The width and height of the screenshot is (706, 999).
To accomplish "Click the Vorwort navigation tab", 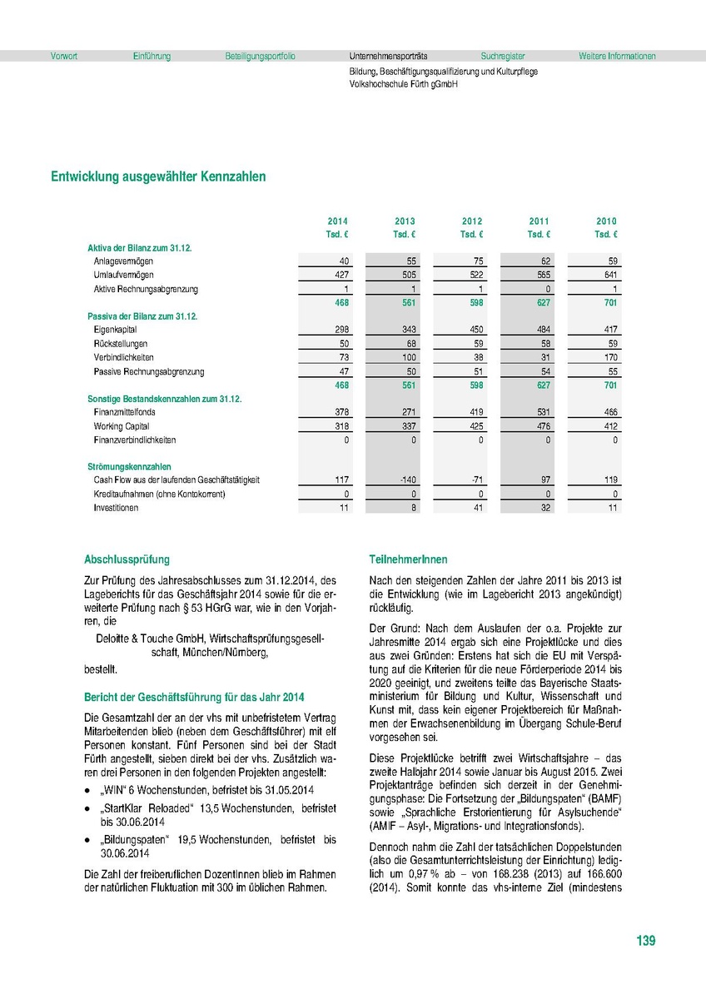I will [64, 57].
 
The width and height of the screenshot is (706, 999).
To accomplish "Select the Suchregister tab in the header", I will [503, 57].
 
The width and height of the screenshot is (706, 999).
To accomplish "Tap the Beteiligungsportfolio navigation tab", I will [260, 57].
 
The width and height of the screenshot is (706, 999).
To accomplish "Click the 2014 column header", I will [337, 221].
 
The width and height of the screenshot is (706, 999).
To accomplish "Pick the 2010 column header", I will [606, 221].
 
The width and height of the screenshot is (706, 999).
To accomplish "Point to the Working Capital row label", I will [120, 426].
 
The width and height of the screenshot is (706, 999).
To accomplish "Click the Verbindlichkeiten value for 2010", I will [610, 357].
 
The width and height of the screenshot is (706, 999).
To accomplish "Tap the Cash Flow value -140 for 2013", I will [407, 480].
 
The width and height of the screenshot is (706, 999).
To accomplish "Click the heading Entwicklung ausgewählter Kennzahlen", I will [158, 176].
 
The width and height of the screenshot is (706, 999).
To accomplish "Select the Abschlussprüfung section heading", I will [127, 560].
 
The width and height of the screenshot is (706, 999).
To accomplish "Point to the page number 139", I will [646, 942].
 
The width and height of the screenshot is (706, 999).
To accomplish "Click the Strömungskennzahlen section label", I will [129, 467].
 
